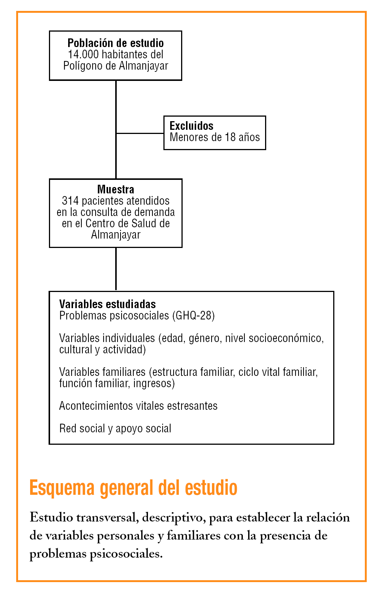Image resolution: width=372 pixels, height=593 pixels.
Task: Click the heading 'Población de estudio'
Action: (116, 43)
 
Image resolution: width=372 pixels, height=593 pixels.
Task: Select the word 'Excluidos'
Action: (191, 126)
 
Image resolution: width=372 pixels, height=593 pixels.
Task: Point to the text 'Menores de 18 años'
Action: (215, 137)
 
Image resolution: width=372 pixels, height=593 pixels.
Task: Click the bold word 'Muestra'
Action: (116, 189)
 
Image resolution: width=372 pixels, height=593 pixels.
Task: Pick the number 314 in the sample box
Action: (70, 201)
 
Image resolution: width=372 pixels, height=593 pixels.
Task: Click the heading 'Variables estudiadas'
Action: (107, 304)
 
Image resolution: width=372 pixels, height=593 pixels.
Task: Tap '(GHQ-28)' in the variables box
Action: (193, 315)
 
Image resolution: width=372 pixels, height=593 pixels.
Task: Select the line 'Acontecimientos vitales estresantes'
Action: (138, 406)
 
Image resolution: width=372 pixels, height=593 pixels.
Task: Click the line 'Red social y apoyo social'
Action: (115, 429)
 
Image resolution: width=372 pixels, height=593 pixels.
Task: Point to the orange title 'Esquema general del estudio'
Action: (133, 488)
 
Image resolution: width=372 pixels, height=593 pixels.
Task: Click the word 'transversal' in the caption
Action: (107, 518)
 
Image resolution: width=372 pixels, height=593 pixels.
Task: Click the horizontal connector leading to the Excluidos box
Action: (140, 133)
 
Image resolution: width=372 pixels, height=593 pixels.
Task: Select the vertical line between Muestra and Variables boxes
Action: (116, 269)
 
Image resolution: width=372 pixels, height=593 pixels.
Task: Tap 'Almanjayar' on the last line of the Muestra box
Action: (116, 235)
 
